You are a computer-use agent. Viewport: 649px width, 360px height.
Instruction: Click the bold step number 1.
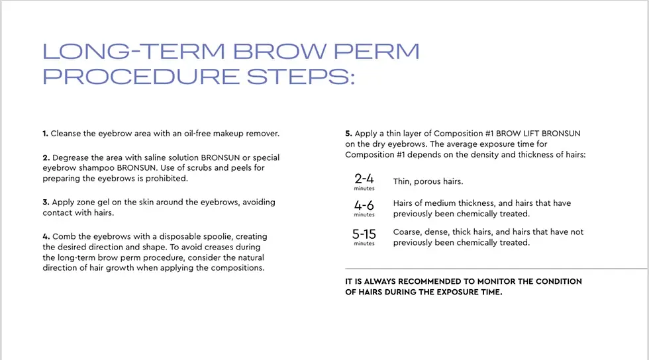(45, 133)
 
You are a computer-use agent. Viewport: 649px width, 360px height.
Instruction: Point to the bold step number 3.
(46, 202)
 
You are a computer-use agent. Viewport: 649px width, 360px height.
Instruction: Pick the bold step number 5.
(348, 133)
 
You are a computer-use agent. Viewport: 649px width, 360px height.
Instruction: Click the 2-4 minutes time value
(364, 180)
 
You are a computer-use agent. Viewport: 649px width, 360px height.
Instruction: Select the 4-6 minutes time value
(364, 206)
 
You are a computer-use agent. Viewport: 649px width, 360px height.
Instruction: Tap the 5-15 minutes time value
(364, 235)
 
